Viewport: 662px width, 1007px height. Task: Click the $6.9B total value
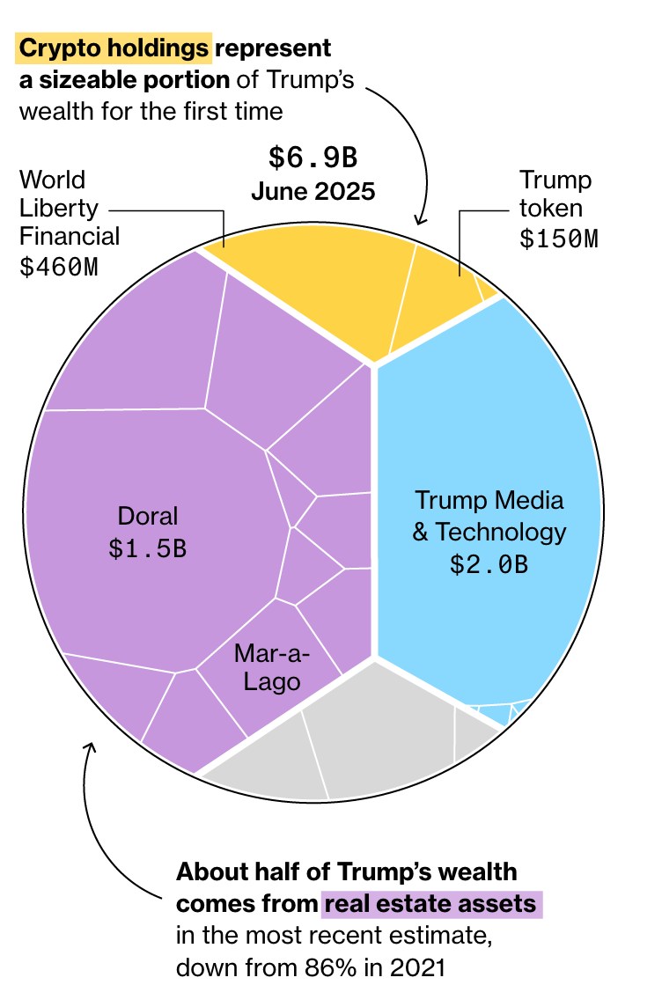tap(313, 158)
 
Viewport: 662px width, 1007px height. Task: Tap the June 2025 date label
tap(313, 191)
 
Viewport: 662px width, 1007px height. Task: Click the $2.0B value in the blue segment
tap(489, 564)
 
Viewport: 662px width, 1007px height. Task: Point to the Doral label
tap(148, 516)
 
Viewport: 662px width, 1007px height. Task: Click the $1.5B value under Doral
tap(148, 548)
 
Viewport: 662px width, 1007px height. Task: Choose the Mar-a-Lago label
tap(267, 667)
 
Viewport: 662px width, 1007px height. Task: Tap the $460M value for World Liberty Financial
tap(59, 267)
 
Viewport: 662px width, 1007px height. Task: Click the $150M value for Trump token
tap(558, 239)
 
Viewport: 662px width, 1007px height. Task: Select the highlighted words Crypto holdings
tap(114, 48)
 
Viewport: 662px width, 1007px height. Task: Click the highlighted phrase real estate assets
tap(432, 904)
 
